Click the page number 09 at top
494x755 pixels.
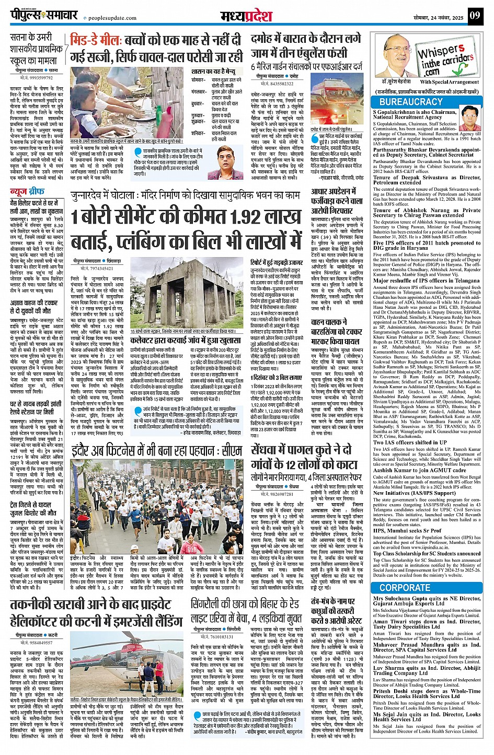pos(474,16)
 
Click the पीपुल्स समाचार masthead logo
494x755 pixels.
pos(38,15)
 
